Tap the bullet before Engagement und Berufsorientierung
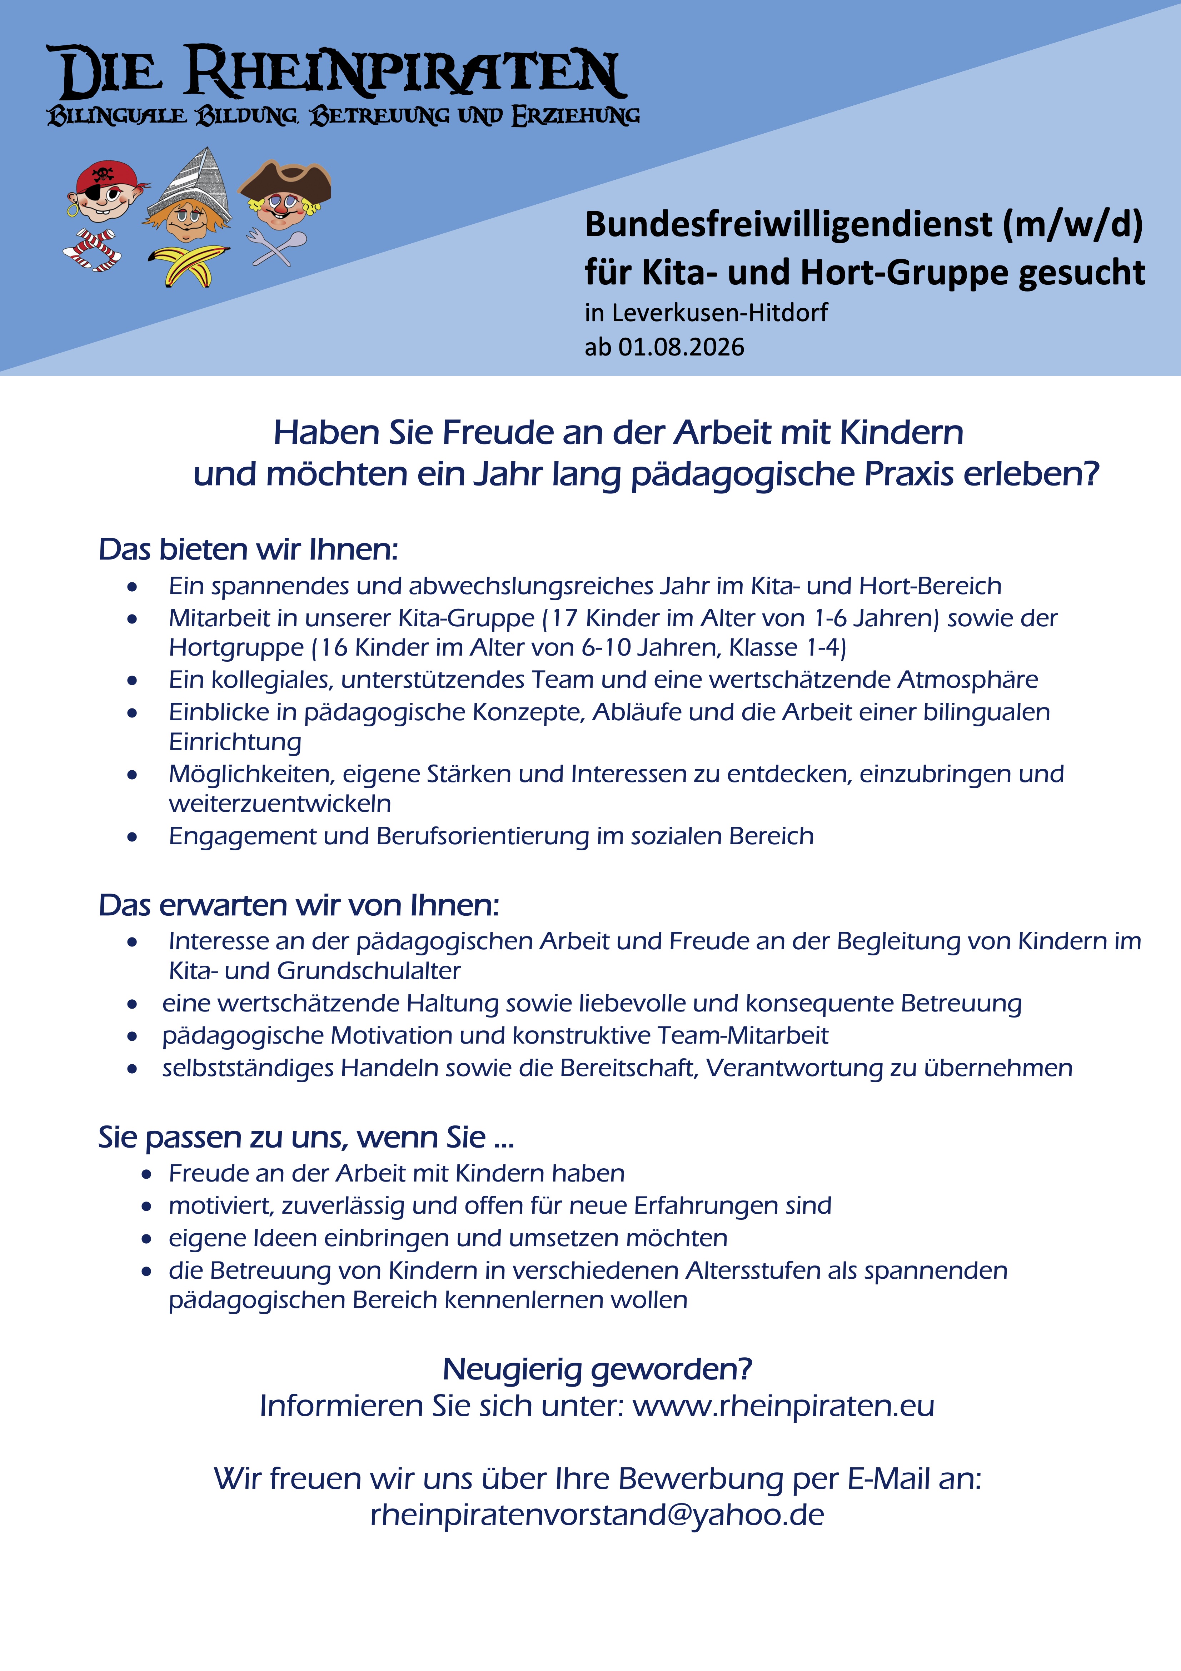coord(132,837)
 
